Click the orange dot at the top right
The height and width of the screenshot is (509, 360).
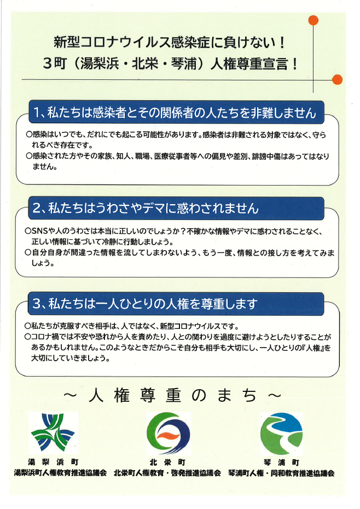(313, 20)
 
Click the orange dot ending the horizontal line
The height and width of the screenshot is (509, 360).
(338, 79)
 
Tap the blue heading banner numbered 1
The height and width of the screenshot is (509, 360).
(176, 112)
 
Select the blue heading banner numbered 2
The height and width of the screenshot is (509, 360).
(176, 208)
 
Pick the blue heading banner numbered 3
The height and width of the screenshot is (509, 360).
(176, 304)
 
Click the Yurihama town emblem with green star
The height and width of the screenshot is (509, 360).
(53, 433)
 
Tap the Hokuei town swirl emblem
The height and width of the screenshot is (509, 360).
(168, 433)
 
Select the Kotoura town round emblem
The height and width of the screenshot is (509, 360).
(281, 433)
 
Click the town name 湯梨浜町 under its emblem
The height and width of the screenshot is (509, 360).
(53, 462)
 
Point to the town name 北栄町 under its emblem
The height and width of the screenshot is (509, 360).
(167, 462)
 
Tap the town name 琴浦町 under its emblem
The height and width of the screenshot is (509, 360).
(281, 462)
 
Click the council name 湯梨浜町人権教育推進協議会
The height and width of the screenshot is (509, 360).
(60, 473)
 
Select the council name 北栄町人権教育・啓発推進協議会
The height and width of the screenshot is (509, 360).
(167, 473)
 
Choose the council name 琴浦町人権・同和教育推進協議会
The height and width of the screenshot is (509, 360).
(281, 473)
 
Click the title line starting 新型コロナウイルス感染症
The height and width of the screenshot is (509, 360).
(169, 43)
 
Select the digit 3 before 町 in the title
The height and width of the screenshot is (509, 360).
(48, 63)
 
